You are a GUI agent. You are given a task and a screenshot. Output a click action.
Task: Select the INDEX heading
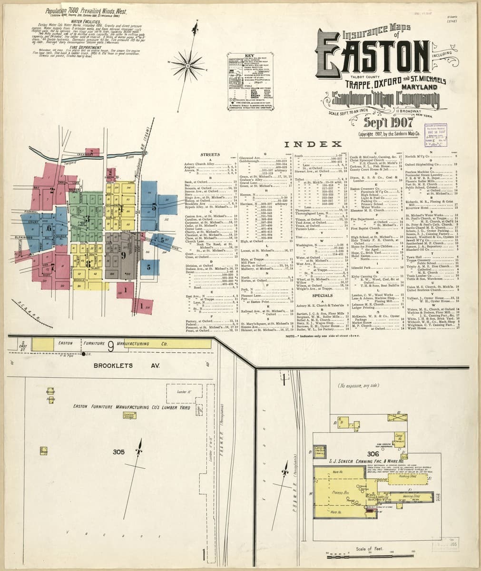[313, 144]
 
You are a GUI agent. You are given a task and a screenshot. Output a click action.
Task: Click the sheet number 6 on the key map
[49, 228]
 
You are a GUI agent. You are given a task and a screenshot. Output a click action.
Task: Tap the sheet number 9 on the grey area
[123, 256]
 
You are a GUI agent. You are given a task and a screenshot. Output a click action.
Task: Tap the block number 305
[118, 452]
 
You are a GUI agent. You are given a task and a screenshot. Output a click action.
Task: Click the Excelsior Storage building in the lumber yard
[128, 415]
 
